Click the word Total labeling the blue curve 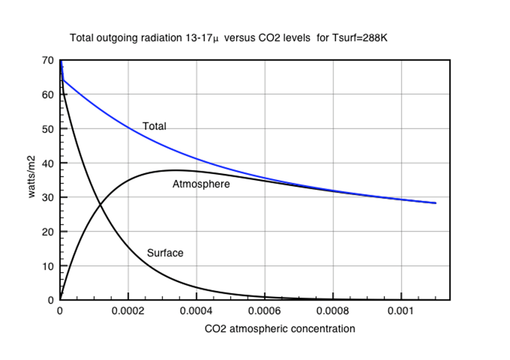[154, 126]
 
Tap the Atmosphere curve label [201, 184]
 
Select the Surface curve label [165, 253]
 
